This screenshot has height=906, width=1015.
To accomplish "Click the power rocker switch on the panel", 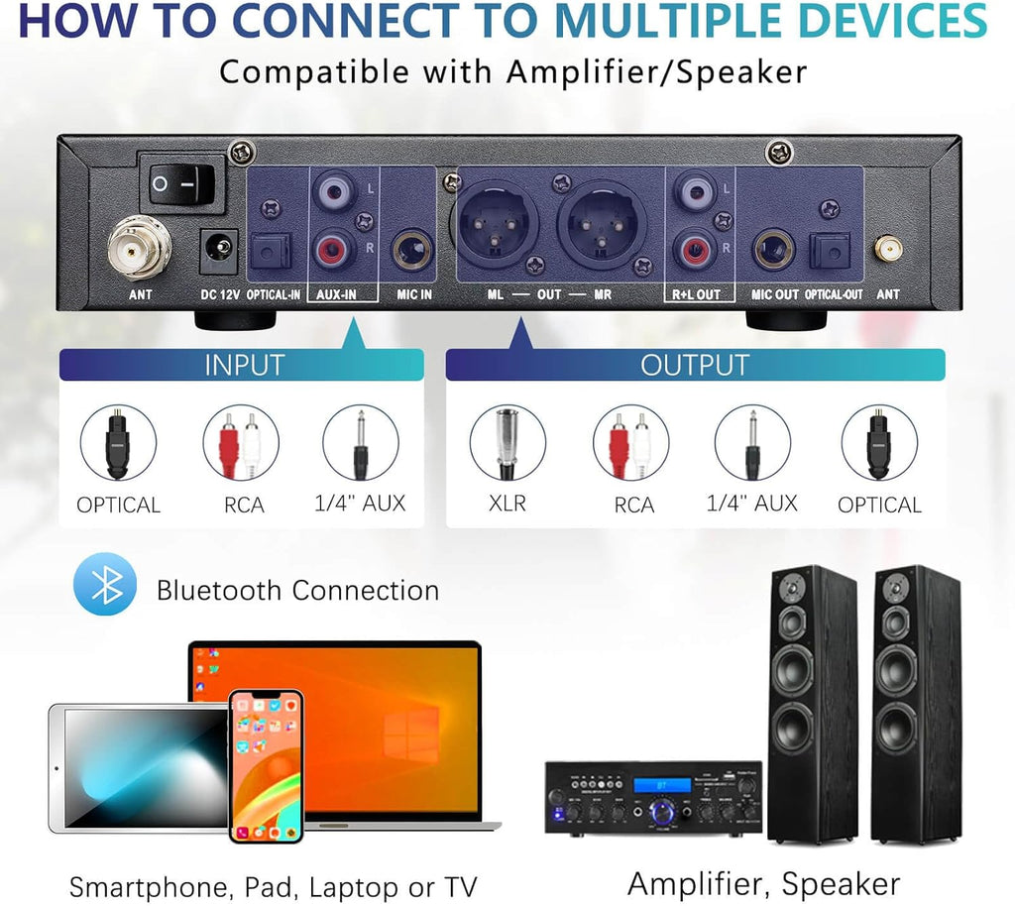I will [180, 181].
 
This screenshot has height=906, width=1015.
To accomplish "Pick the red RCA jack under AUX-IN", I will [335, 249].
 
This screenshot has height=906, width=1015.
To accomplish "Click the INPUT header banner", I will [243, 364].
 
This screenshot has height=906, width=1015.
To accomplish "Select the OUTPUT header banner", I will [694, 364].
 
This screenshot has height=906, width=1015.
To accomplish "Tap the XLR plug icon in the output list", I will [507, 442].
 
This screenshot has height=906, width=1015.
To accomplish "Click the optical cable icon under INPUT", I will [118, 442].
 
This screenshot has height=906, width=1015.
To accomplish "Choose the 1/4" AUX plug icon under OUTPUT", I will [752, 442].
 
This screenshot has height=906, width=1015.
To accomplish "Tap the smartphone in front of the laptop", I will [266, 765].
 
